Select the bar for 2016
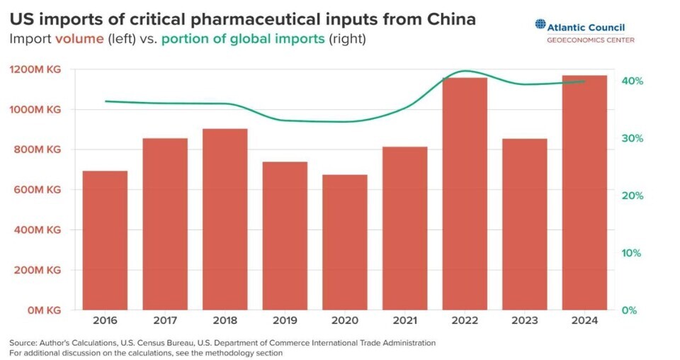[x=105, y=240]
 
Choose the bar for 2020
[x=345, y=242]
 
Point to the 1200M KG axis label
[x=35, y=69]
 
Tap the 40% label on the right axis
[x=633, y=81]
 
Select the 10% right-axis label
[x=633, y=253]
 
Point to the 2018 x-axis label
[x=225, y=321]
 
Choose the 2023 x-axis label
[x=524, y=321]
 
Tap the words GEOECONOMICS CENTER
[x=590, y=40]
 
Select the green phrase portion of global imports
[x=242, y=39]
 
